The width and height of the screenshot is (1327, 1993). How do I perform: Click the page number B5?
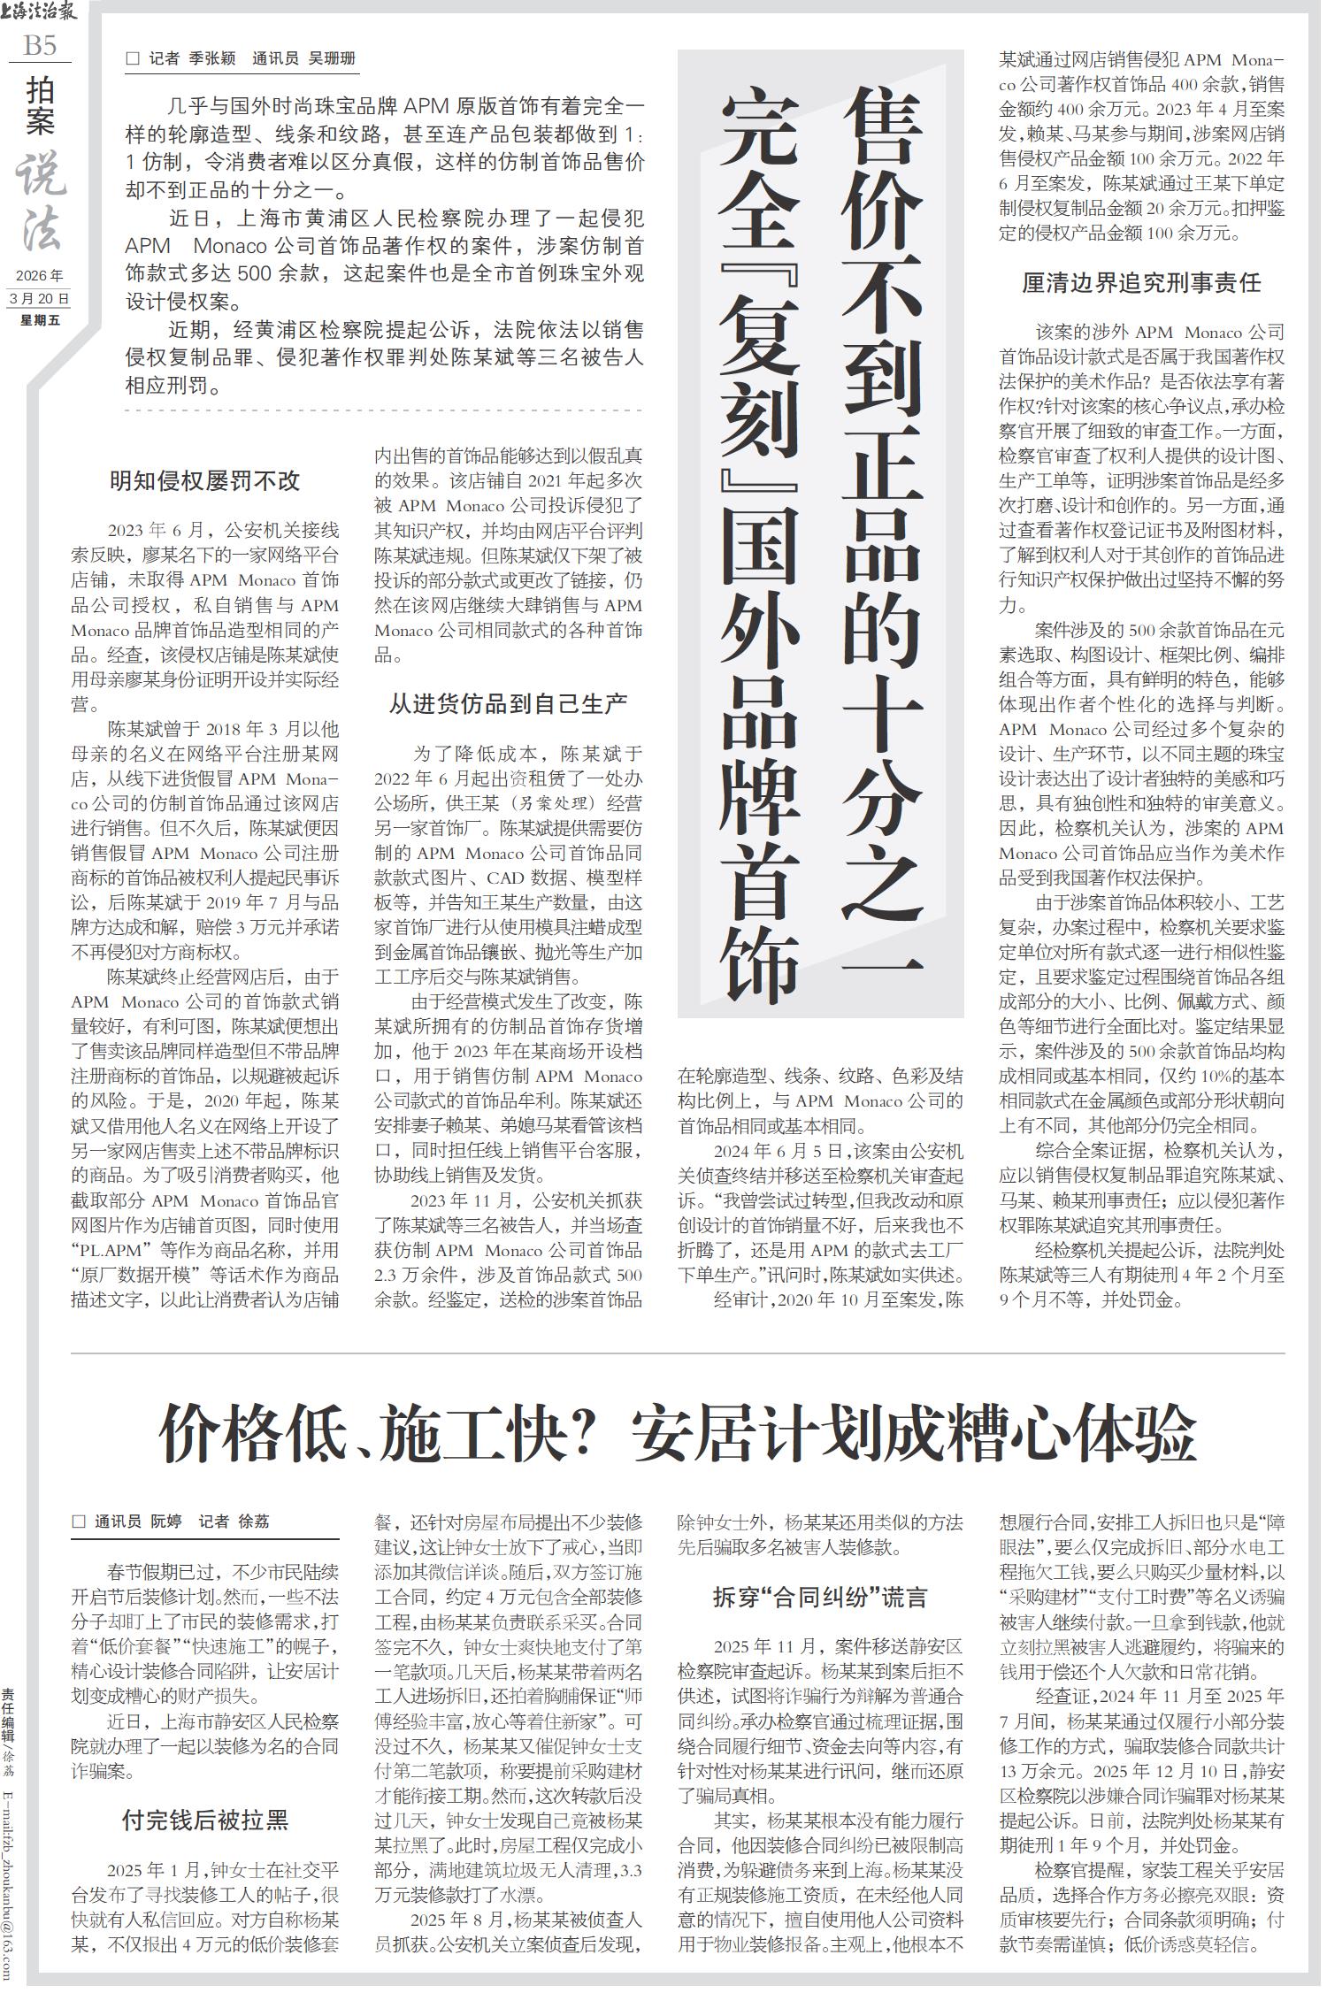(39, 44)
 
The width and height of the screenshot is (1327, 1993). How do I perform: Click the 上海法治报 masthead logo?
(40, 12)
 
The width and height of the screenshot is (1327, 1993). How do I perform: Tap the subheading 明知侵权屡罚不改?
(204, 481)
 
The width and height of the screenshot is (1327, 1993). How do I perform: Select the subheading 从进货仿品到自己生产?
(508, 704)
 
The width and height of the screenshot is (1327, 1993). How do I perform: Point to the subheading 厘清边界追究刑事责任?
(1141, 283)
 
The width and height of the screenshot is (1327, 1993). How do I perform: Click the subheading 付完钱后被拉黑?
(204, 1795)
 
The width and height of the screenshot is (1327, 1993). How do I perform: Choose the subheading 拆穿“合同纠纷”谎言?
(820, 1597)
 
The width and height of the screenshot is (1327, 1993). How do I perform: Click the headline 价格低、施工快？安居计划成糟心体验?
(678, 1435)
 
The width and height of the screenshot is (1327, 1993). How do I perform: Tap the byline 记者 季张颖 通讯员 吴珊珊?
(252, 59)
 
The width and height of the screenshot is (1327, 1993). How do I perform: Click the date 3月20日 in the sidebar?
(39, 299)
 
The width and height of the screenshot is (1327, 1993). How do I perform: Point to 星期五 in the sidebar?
(39, 320)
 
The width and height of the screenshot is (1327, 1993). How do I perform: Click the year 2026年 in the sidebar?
(39, 277)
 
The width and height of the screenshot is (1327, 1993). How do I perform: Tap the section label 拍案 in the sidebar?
(40, 106)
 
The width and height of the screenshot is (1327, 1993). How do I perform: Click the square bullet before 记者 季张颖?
(134, 59)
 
